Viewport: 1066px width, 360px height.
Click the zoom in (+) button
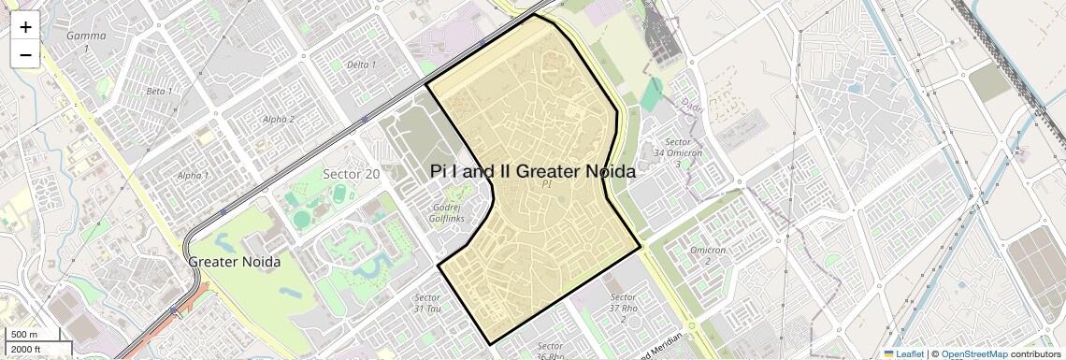[x=25, y=27]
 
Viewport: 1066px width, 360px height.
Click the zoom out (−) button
[x=25, y=55]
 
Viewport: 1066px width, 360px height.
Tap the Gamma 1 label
[x=86, y=41]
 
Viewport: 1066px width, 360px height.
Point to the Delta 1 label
[x=361, y=65]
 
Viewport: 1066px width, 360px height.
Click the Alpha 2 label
[x=279, y=119]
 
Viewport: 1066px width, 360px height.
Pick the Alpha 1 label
[x=194, y=175]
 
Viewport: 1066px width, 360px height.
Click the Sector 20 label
[x=352, y=174]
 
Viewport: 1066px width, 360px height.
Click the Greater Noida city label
[x=235, y=262]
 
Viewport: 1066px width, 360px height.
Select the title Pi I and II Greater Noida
[x=533, y=172]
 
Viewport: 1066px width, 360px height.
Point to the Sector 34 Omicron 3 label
[x=672, y=152]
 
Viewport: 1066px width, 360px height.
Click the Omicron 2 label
[x=708, y=255]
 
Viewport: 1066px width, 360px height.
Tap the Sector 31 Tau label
[x=426, y=303]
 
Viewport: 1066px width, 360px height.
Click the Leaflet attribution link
[x=906, y=354]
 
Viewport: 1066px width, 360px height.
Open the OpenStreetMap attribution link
[x=973, y=354]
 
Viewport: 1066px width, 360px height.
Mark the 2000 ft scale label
[x=27, y=349]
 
